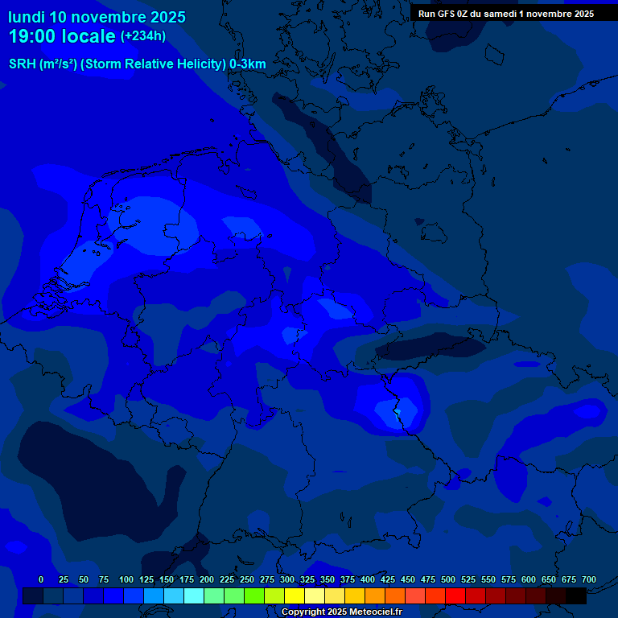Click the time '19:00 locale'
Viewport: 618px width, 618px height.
(62, 36)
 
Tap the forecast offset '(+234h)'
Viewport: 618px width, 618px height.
(143, 36)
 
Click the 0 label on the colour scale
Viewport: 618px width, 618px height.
(41, 579)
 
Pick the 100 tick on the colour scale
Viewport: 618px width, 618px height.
(126, 579)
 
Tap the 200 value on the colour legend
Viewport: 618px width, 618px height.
(207, 579)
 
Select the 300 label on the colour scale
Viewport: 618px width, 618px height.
(287, 579)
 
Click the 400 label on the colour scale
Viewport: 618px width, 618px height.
(368, 579)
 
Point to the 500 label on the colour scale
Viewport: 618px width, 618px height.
(448, 579)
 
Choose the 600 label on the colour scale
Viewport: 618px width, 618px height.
(529, 579)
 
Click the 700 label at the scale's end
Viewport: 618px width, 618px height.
(588, 579)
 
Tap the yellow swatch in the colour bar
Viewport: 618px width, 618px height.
(295, 595)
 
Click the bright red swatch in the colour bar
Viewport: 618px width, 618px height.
(455, 595)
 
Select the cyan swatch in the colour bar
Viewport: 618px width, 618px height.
(194, 595)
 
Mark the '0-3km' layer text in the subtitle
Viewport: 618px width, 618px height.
(248, 64)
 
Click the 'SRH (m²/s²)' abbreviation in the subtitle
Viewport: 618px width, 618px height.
(43, 64)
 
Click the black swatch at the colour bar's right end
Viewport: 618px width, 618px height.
(576, 595)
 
